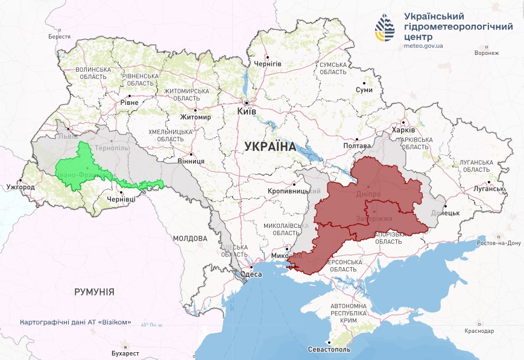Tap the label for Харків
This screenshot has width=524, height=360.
403,130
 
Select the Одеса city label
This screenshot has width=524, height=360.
251,274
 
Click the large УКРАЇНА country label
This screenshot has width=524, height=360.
270,146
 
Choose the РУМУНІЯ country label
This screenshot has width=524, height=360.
94,291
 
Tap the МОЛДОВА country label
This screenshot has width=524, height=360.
190,238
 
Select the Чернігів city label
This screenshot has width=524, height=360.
268,63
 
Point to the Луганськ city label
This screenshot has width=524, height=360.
488,188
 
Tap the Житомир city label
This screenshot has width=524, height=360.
195,117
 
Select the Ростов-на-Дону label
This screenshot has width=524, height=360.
498,243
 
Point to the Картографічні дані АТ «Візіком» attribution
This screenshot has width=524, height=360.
75,322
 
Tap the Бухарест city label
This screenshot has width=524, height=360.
125,352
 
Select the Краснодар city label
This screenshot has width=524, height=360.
479,331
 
